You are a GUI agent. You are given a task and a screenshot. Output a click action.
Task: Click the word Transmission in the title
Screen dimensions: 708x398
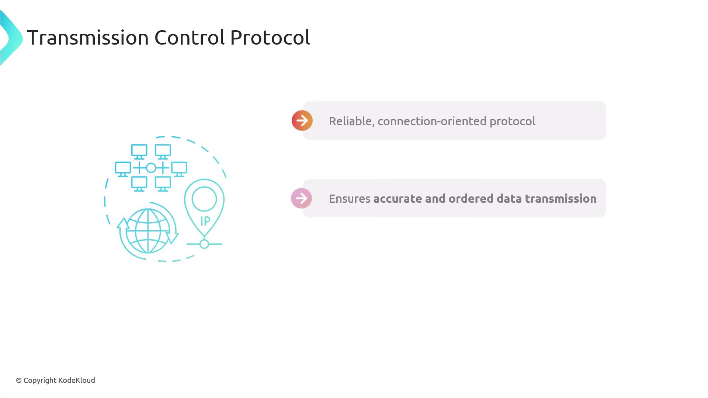click(88, 37)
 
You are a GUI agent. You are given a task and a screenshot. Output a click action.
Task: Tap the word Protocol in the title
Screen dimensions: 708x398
click(270, 37)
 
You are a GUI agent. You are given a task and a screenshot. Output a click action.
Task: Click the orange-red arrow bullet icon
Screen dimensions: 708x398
click(302, 121)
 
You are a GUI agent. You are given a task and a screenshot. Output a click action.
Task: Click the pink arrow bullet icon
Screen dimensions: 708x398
click(301, 198)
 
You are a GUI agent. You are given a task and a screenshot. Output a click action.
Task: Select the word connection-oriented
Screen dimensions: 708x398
click(432, 121)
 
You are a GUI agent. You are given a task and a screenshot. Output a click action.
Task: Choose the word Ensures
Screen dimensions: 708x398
click(350, 199)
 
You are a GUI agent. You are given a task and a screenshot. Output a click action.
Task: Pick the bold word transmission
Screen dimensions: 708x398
click(560, 199)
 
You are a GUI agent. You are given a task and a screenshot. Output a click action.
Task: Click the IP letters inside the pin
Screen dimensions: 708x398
click(205, 221)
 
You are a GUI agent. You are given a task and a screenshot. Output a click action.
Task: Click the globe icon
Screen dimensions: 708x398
click(148, 231)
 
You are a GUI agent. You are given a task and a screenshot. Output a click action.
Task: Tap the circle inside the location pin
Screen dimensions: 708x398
click(204, 199)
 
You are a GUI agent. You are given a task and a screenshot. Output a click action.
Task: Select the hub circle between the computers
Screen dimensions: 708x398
click(151, 168)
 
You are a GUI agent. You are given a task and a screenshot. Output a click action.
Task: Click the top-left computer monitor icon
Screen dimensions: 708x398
click(139, 151)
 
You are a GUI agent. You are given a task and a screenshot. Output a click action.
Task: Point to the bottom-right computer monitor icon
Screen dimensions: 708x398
click(163, 184)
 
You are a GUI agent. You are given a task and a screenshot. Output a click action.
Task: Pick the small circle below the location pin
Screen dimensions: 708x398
click(204, 244)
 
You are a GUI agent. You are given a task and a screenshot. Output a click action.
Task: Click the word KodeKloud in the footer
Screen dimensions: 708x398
click(77, 380)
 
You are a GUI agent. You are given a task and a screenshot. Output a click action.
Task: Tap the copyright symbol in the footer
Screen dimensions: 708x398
click(19, 381)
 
